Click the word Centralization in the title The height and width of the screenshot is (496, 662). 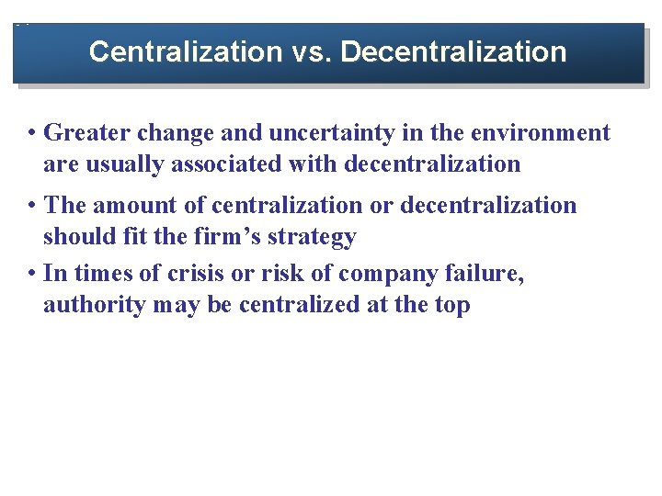point(184,51)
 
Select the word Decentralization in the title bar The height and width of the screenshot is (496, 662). point(454,51)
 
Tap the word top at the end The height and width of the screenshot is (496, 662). point(451,306)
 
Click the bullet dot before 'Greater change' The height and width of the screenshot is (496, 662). point(32,134)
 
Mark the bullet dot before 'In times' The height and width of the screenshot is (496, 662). point(32,275)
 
